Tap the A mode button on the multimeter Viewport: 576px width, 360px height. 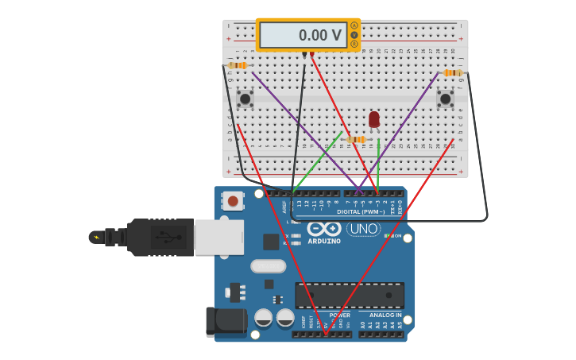click(x=354, y=25)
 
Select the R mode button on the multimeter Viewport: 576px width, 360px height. click(x=354, y=44)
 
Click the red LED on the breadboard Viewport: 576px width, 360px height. click(x=374, y=119)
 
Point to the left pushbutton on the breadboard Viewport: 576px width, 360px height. click(x=245, y=99)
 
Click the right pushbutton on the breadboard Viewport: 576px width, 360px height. click(x=445, y=99)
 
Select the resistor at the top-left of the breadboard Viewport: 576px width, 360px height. click(x=237, y=65)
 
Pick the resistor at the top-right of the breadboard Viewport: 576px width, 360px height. click(x=452, y=72)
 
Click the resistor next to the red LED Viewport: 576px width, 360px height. click(x=356, y=139)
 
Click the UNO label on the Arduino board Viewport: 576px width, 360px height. click(x=363, y=229)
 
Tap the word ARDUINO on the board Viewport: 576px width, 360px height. click(x=324, y=241)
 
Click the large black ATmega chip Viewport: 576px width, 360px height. click(x=350, y=295)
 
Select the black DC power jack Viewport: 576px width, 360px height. click(x=226, y=322)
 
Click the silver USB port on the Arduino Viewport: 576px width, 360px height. click(x=218, y=237)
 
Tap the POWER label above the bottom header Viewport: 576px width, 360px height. click(x=339, y=315)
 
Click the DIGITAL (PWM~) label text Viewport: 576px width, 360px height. click(x=361, y=211)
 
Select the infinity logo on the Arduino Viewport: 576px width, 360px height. click(x=324, y=229)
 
